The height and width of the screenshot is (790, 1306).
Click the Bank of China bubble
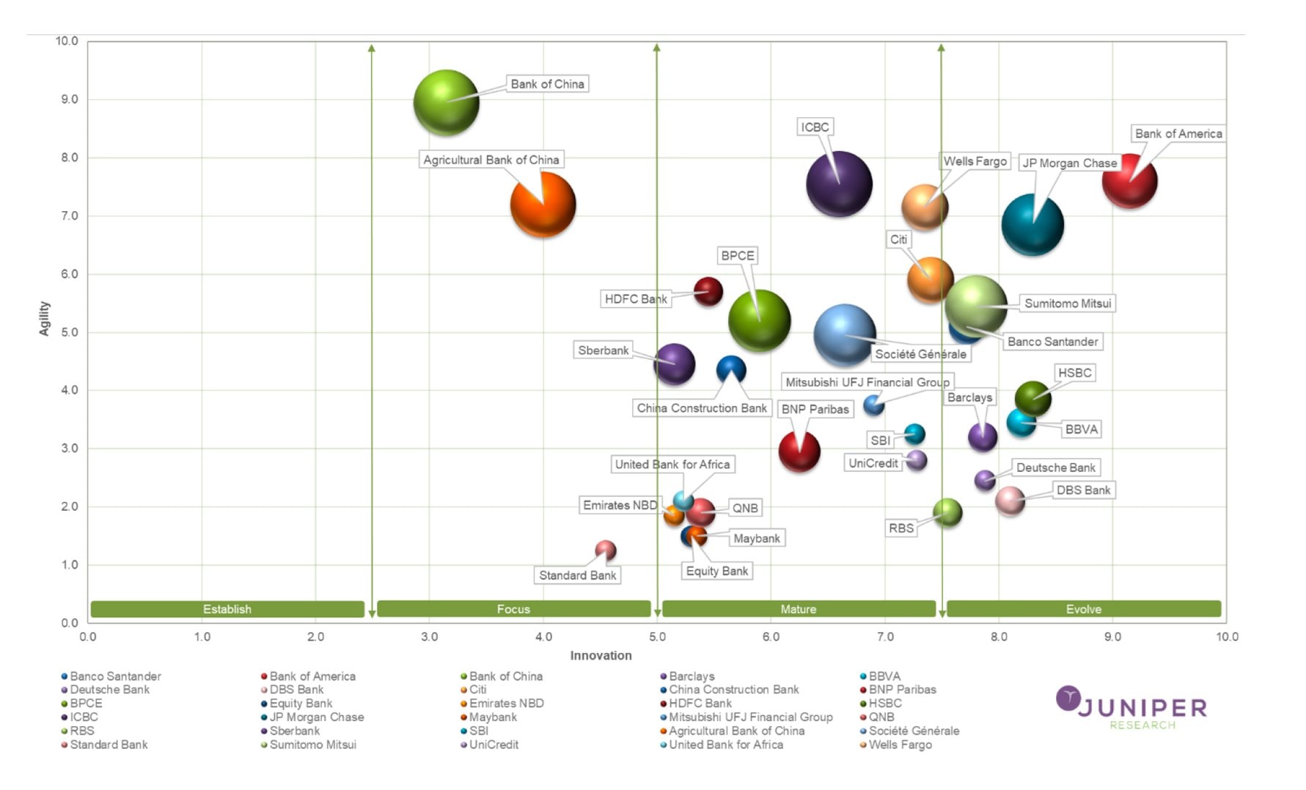(446, 103)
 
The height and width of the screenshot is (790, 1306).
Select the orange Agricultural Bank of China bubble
(543, 204)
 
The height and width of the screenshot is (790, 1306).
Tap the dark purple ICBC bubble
(839, 184)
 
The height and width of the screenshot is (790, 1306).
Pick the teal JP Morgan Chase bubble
(1032, 225)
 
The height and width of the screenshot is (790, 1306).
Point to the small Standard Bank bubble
(605, 550)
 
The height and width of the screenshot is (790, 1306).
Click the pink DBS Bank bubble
(1010, 501)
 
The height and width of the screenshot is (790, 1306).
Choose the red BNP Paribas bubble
(799, 451)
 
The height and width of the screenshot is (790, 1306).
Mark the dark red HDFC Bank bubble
(708, 292)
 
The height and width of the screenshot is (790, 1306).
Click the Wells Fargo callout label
(975, 161)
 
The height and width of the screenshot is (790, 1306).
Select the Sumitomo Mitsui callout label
(1067, 303)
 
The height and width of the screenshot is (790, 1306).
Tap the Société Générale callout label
(920, 354)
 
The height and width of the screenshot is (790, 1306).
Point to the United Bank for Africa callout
(672, 465)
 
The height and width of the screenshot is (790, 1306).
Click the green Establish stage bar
(227, 609)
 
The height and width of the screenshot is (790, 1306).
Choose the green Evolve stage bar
(1083, 609)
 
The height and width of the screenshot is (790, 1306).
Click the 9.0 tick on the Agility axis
(69, 100)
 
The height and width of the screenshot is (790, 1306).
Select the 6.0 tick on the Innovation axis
(771, 637)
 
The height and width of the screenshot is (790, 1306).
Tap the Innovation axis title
(601, 656)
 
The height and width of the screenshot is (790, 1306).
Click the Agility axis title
(45, 319)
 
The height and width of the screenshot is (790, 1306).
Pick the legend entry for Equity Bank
(301, 704)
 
